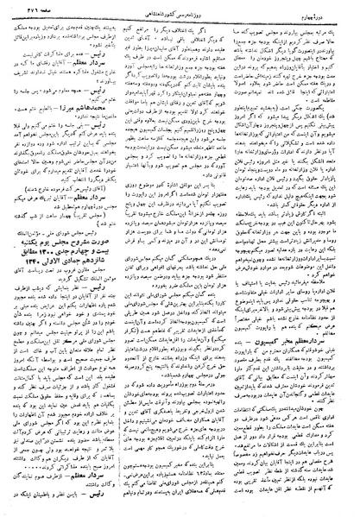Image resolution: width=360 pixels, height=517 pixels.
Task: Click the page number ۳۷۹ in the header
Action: (23, 11)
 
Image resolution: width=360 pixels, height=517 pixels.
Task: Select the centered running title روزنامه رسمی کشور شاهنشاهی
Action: (181, 11)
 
